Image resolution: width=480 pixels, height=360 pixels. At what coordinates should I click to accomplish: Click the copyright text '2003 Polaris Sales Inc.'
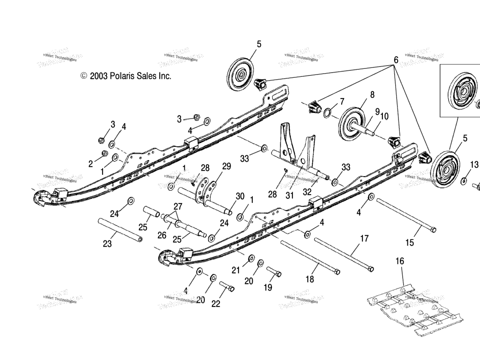pyautogui.click(x=130, y=75)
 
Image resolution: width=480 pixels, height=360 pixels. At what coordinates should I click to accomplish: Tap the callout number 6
pyautogui.click(x=396, y=60)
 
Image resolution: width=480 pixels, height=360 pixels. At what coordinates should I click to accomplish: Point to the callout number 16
pyautogui.click(x=399, y=261)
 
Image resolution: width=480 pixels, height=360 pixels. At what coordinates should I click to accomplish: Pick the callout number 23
pyautogui.click(x=108, y=244)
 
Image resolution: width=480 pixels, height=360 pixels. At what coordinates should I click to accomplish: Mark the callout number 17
pyautogui.click(x=364, y=238)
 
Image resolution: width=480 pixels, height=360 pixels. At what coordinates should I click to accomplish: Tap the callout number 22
pyautogui.click(x=216, y=304)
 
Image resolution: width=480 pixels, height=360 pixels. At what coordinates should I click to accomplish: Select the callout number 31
pyautogui.click(x=289, y=195)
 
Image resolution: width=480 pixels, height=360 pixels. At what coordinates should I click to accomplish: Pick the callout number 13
pyautogui.click(x=474, y=165)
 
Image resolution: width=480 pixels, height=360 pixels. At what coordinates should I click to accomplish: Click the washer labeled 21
pyautogui.click(x=251, y=258)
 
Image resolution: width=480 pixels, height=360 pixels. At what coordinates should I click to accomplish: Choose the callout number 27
pyautogui.click(x=177, y=207)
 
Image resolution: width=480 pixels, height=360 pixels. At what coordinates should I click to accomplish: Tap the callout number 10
pyautogui.click(x=384, y=117)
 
